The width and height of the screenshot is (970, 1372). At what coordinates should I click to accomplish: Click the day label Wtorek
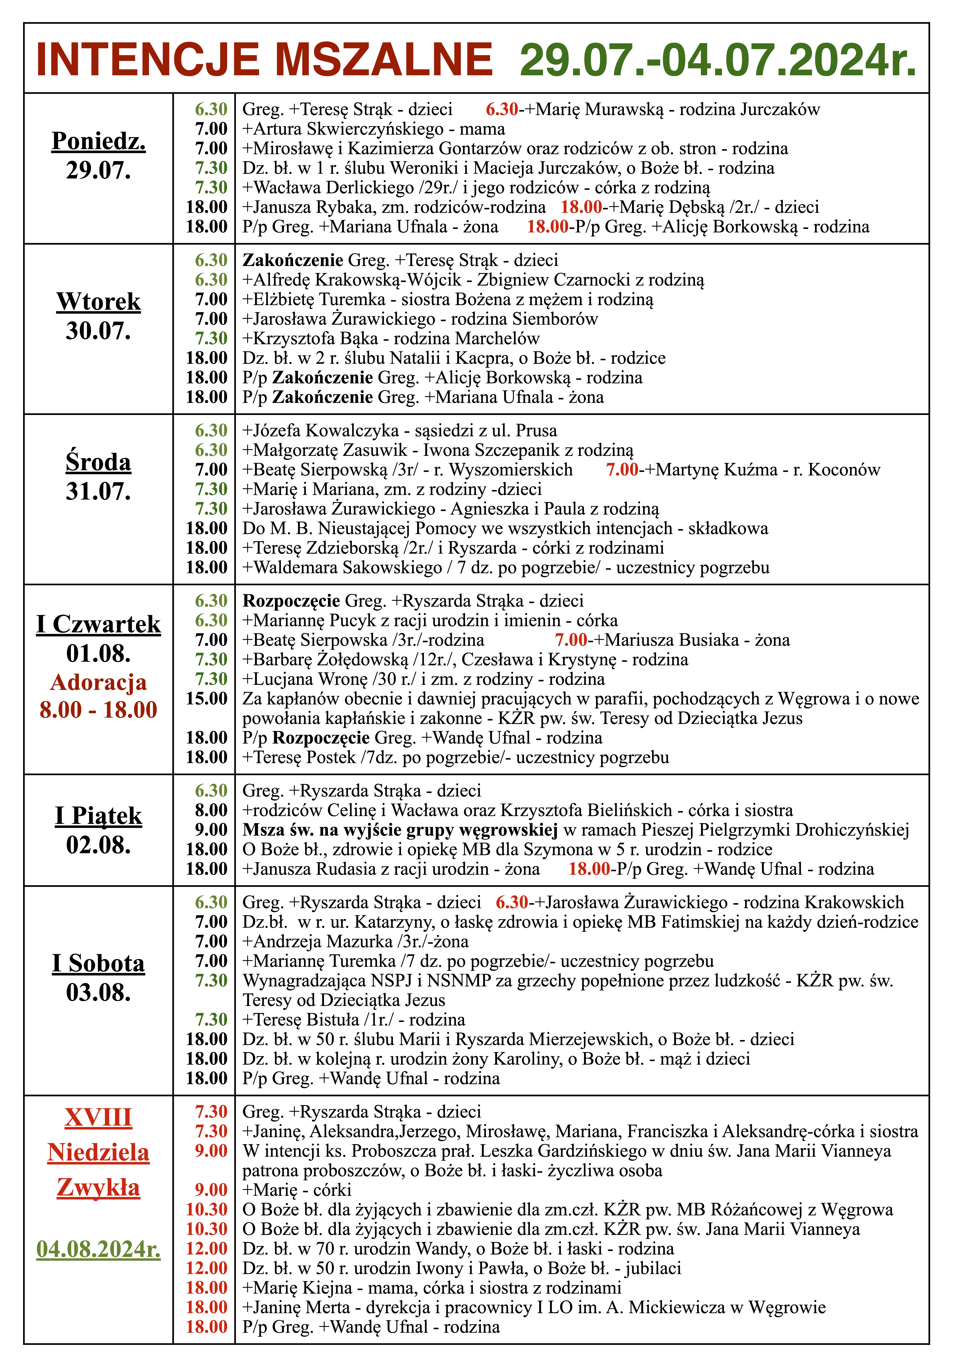coord(99,302)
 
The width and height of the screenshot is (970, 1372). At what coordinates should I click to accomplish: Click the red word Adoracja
coord(99,682)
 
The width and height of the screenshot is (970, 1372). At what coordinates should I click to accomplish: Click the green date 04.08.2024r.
coord(99,1249)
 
